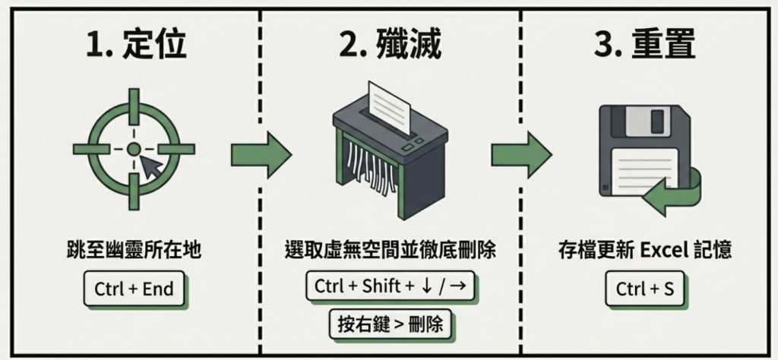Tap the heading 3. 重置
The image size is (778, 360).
644,46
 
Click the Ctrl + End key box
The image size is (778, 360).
134,289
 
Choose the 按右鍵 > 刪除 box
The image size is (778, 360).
389,325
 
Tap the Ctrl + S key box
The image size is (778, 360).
644,289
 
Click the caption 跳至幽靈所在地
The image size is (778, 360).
134,250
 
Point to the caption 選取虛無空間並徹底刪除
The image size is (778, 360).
389,250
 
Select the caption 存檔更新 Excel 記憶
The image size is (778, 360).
644,250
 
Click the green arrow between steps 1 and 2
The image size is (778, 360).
261,153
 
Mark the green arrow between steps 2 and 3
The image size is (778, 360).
520,153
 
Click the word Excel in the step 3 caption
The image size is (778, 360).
644,250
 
